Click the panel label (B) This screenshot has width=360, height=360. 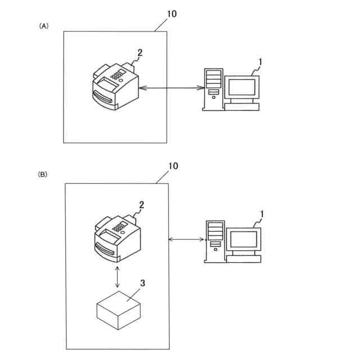[43, 175]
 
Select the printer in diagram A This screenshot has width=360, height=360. [114, 86]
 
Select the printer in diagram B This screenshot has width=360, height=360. [116, 237]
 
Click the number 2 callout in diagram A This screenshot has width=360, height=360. [139, 53]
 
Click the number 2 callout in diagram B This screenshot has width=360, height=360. [141, 206]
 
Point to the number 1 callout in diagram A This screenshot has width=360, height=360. [259, 60]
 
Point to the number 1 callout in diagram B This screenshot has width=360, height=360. [262, 215]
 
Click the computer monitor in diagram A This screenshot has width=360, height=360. [242, 88]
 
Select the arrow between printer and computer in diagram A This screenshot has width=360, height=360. [171, 88]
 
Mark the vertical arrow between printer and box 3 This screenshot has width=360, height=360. [116, 277]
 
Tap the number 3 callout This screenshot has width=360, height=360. [142, 285]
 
